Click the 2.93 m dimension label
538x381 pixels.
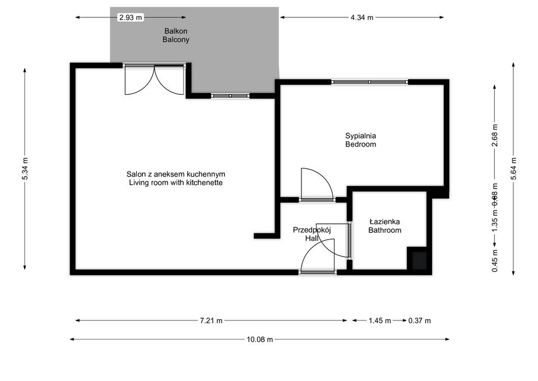[x=130, y=17]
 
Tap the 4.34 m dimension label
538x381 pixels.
[x=361, y=17]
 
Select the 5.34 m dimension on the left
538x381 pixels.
[x=25, y=168]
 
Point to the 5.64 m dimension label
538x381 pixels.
[x=513, y=168]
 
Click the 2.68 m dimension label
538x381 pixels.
[x=494, y=134]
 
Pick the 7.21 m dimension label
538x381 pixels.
[x=211, y=321]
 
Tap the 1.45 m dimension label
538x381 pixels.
[x=379, y=321]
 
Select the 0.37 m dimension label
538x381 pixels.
[x=419, y=321]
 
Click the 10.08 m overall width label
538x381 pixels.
[x=260, y=339]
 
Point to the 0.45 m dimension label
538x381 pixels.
[x=494, y=260]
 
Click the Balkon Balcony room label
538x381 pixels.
[x=176, y=35]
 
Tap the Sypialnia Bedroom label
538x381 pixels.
[x=360, y=140]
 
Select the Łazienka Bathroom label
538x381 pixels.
[x=384, y=226]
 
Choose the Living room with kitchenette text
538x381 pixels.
[x=176, y=183]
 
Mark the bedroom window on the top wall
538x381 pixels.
[x=369, y=82]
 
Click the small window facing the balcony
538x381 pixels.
[x=229, y=96]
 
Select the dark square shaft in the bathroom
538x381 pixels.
[x=418, y=260]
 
